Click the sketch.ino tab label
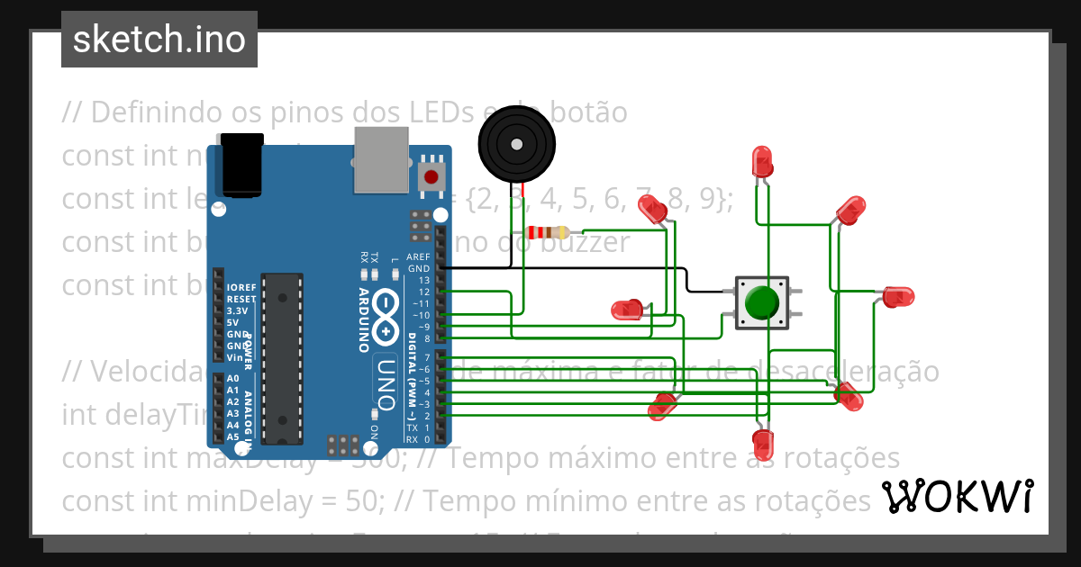click(x=159, y=40)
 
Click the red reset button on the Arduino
click(x=432, y=176)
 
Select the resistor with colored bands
click(x=550, y=233)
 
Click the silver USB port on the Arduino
click(x=380, y=159)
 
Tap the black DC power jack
click(x=241, y=165)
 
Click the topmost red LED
click(x=763, y=162)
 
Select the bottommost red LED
click(x=763, y=444)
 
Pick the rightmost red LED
click(x=897, y=296)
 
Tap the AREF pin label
click(x=419, y=257)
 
